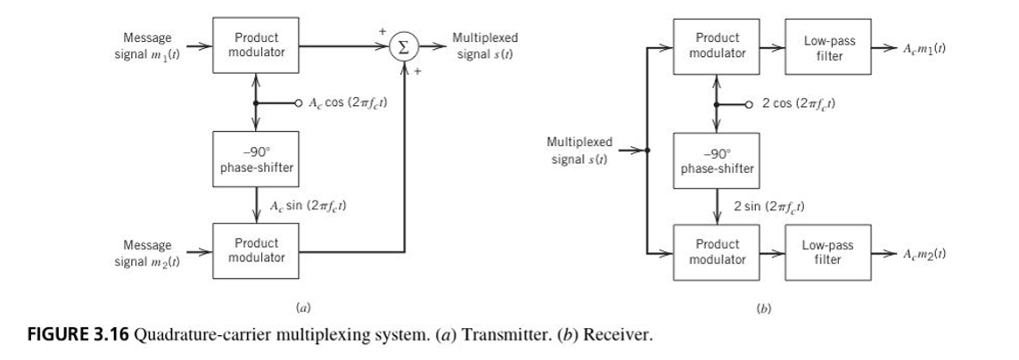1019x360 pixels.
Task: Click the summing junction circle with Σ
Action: click(404, 47)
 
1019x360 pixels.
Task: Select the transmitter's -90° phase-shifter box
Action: click(256, 160)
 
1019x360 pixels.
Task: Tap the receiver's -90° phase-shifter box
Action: click(716, 161)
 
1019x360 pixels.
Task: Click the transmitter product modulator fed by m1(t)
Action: click(256, 45)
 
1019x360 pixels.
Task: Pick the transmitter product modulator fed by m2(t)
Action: click(256, 250)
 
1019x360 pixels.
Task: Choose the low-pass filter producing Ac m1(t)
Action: click(828, 47)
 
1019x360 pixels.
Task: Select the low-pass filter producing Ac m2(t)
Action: click(828, 253)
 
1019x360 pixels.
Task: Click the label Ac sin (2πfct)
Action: click(308, 206)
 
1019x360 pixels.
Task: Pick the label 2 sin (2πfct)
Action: click(769, 208)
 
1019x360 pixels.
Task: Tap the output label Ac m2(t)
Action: click(923, 254)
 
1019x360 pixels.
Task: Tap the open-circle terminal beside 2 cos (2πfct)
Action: click(749, 104)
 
